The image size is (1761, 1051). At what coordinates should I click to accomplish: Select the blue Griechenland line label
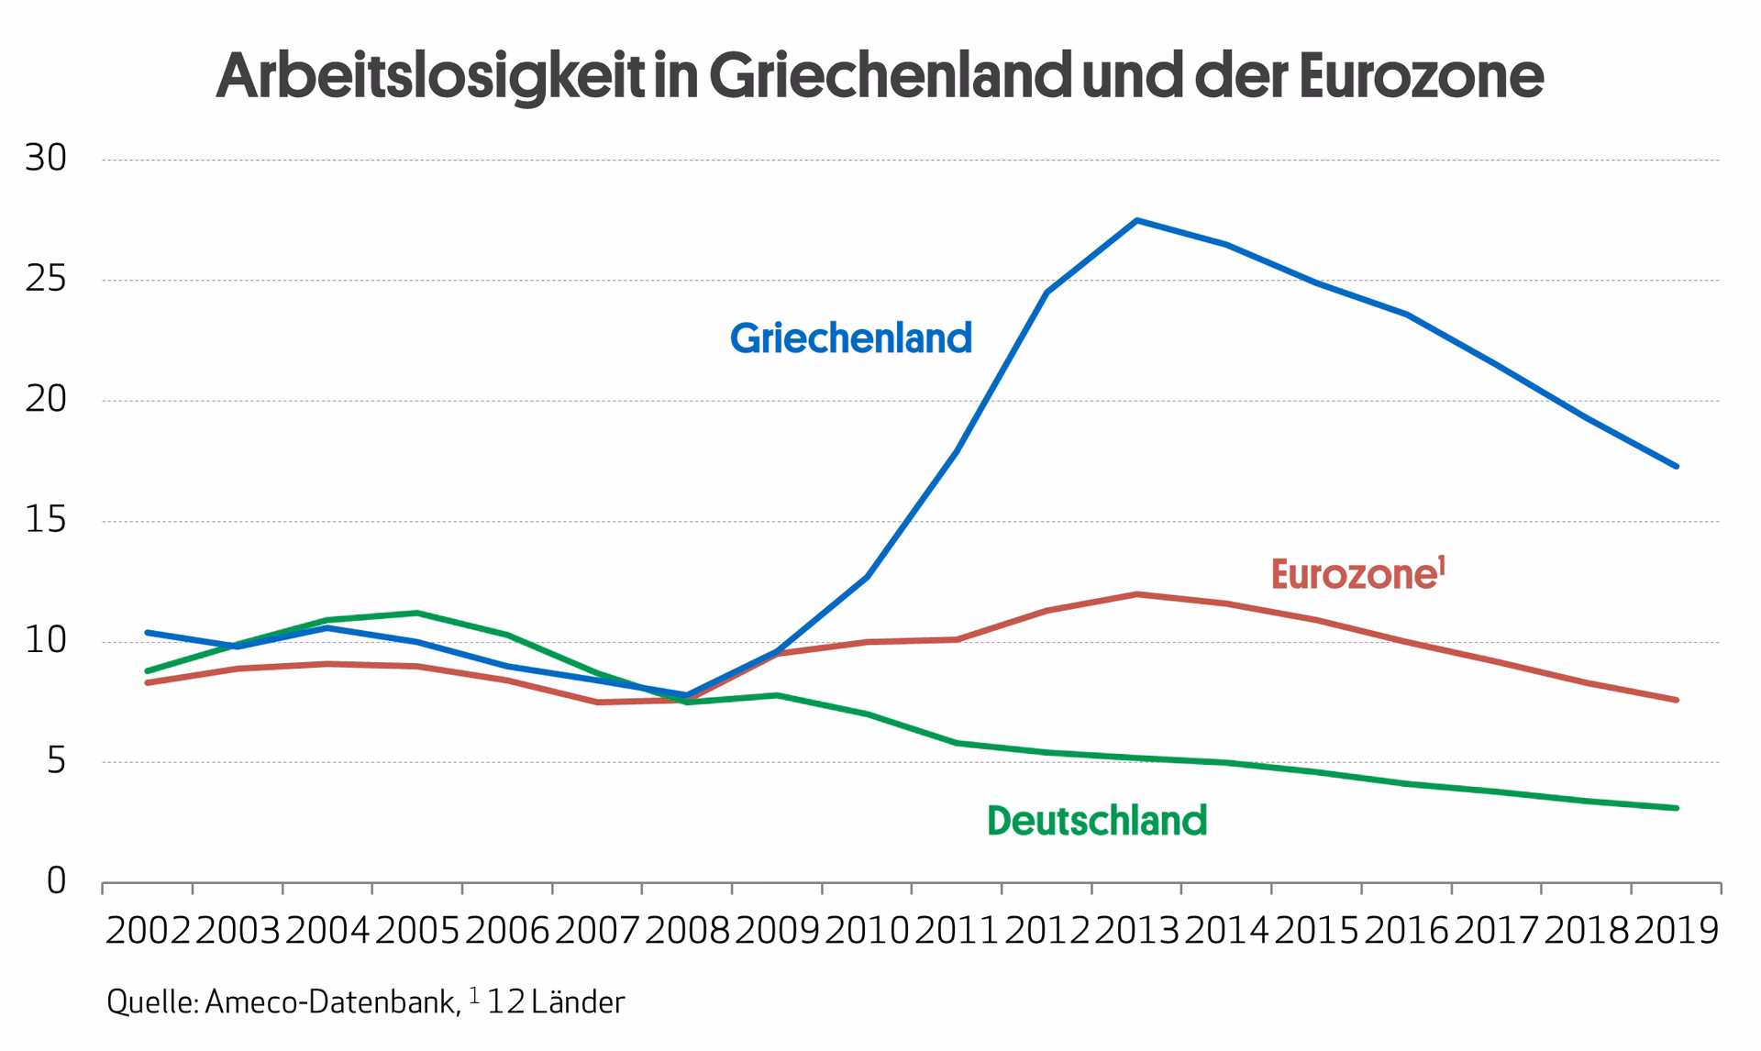pyautogui.click(x=850, y=338)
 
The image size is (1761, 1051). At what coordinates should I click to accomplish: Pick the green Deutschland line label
pyautogui.click(x=1096, y=820)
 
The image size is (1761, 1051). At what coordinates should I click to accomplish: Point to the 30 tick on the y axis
pyautogui.click(x=45, y=159)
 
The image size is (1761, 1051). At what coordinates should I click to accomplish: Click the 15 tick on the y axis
pyautogui.click(x=45, y=521)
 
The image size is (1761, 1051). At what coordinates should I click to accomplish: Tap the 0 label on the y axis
pyautogui.click(x=56, y=881)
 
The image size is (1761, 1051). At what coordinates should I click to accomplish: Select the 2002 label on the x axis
pyautogui.click(x=148, y=931)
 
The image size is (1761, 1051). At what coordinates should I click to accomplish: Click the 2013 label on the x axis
pyautogui.click(x=1136, y=931)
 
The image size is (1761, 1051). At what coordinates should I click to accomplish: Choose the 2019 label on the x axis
pyautogui.click(x=1677, y=931)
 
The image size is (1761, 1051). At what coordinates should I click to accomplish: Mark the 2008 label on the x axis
pyautogui.click(x=687, y=931)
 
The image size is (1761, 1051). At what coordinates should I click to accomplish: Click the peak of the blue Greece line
pyautogui.click(x=1136, y=220)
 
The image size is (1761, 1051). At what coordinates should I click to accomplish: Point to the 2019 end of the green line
pyautogui.click(x=1677, y=808)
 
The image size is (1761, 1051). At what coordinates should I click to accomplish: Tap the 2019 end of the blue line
pyautogui.click(x=1677, y=466)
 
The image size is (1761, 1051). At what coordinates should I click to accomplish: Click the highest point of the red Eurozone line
pyautogui.click(x=1136, y=594)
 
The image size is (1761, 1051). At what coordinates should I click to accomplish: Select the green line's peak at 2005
pyautogui.click(x=417, y=613)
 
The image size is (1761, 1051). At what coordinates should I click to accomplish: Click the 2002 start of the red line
pyautogui.click(x=148, y=682)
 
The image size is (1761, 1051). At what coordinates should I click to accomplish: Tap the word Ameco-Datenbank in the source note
pyautogui.click(x=331, y=1002)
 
